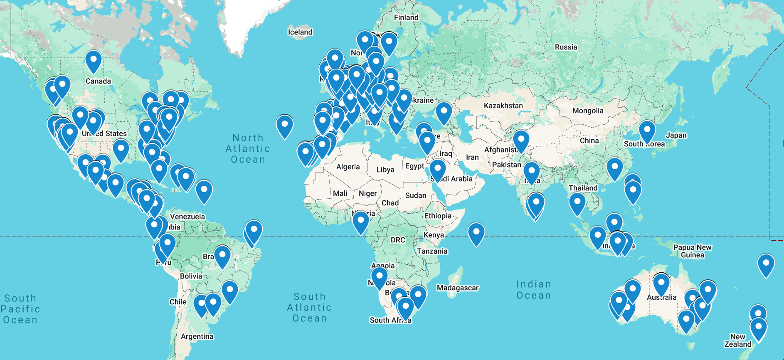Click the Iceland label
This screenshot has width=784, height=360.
pos(300,32)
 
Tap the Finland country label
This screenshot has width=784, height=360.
pos(406,17)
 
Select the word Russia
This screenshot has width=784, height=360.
pos(566,47)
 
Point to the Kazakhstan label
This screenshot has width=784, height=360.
pos(503,106)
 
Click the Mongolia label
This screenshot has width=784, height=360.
pos(587,111)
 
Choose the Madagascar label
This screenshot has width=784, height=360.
pos(457,288)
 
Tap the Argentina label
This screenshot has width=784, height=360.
pos(197,336)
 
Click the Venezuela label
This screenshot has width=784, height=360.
pos(187,217)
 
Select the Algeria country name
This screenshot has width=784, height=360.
pos(348,167)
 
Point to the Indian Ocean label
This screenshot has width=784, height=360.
pos(534,290)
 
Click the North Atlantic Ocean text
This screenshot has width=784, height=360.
pos(248,148)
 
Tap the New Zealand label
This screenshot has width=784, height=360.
pos(737,340)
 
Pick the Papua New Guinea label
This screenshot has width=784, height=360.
pos(692,251)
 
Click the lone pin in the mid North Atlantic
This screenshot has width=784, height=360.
pos(285,125)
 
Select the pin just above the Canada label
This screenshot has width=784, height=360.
pos(94,60)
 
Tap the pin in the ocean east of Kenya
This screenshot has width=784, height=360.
pos(476,232)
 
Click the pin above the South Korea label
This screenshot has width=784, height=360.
pos(647,130)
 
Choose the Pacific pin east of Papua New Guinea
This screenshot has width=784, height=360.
pos(766,264)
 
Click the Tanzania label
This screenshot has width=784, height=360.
pos(432,251)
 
